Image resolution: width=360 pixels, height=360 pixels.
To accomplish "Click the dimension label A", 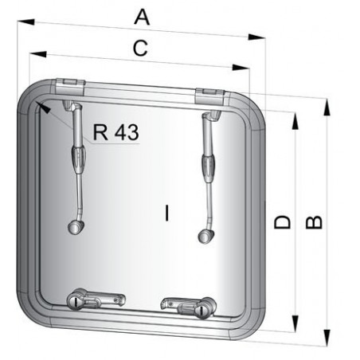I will click(x=143, y=15).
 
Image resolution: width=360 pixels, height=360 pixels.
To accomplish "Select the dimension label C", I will click(x=139, y=48).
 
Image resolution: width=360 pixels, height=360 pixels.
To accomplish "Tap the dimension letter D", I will click(x=282, y=222).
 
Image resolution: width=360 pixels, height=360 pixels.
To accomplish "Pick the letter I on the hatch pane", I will click(x=166, y=213).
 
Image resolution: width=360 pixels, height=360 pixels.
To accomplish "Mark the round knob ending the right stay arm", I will click(x=204, y=235).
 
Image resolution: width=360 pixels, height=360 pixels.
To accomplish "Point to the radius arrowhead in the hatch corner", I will click(x=41, y=107).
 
